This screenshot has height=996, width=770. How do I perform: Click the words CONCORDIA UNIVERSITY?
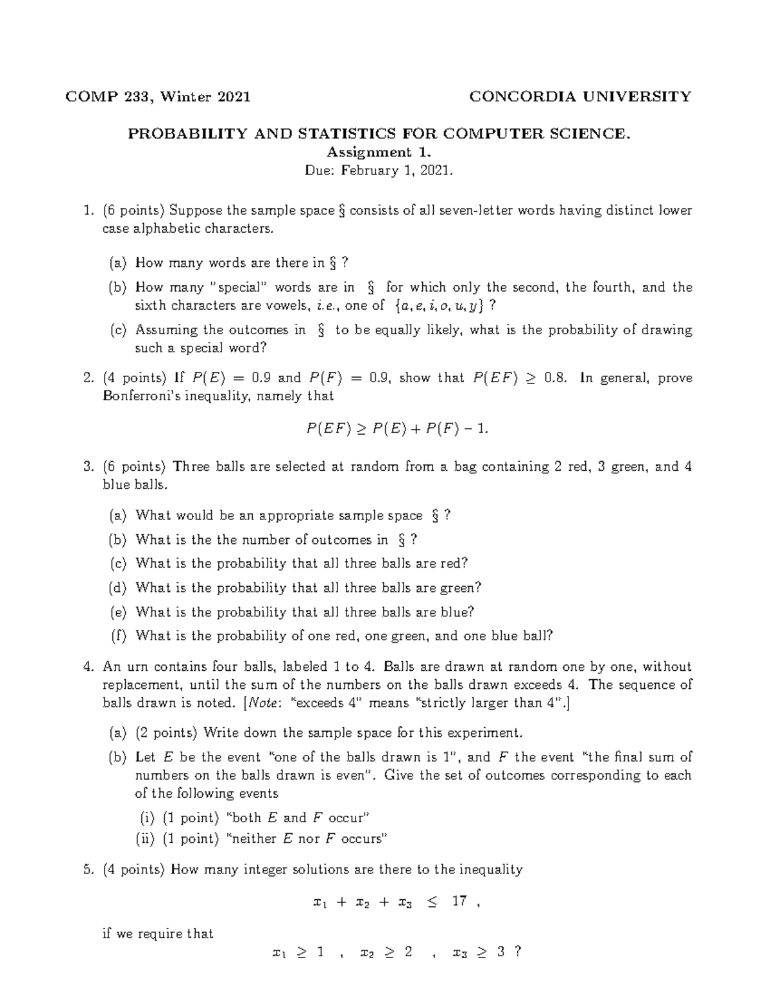pyautogui.click(x=580, y=97)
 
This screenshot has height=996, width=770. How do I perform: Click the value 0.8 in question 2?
pyautogui.click(x=555, y=378)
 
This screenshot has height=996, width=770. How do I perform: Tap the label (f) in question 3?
pyautogui.click(x=118, y=636)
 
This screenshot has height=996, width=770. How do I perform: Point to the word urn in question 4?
pyautogui.click(x=134, y=667)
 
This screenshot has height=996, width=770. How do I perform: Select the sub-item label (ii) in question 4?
pyautogui.click(x=146, y=838)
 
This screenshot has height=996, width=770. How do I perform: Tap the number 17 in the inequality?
pyautogui.click(x=459, y=901)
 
